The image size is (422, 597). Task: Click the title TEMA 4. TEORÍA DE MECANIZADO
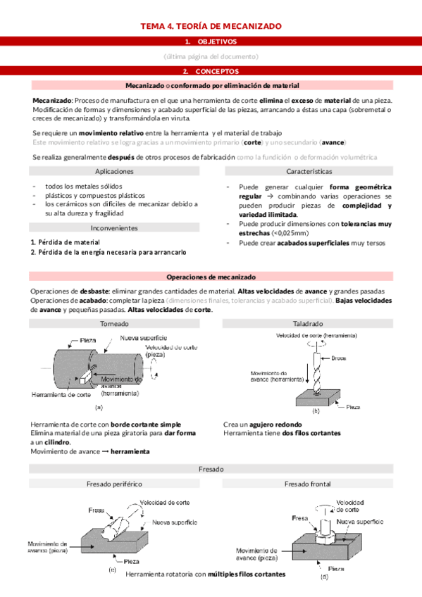pyautogui.click(x=211, y=26)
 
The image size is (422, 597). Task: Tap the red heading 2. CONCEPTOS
pyautogui.click(x=211, y=71)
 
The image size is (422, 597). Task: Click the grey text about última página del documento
pyautogui.click(x=211, y=56)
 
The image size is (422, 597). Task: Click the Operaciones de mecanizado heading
pyautogui.click(x=211, y=277)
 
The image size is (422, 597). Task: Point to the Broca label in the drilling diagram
pyautogui.click(x=338, y=359)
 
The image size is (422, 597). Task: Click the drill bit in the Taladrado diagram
pyautogui.click(x=314, y=370)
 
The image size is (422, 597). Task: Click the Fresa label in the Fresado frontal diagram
pyautogui.click(x=299, y=517)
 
